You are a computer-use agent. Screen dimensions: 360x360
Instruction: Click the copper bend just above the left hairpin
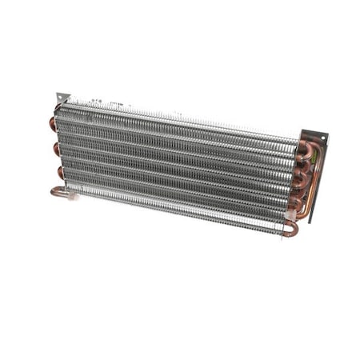(59, 172)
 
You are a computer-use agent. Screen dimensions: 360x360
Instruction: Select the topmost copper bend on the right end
(304, 150)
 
